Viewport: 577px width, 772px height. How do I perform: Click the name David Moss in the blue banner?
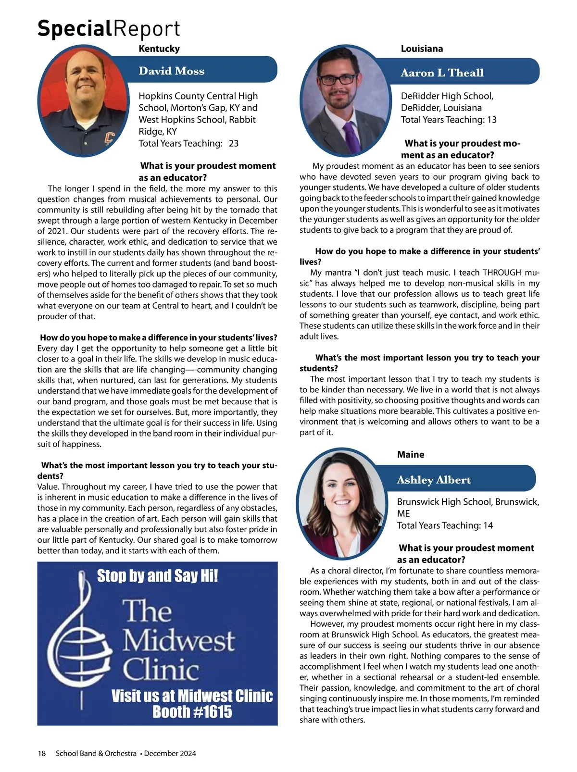[171, 71]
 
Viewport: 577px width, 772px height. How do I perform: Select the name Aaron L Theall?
[442, 73]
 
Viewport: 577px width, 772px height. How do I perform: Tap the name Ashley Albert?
[434, 480]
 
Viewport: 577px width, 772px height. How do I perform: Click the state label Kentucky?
[159, 49]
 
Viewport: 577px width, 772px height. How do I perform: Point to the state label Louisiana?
[422, 49]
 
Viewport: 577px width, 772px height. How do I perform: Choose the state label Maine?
[411, 454]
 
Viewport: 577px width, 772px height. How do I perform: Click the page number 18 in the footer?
[42, 753]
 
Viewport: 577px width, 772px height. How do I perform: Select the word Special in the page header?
[75, 29]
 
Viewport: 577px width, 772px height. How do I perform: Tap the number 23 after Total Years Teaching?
[234, 143]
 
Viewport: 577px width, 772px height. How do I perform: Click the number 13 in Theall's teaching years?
[491, 120]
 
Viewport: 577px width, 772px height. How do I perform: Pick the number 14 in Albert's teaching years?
[488, 525]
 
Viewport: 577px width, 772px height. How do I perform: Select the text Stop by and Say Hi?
[157, 575]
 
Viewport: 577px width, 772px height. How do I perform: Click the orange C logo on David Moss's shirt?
[109, 138]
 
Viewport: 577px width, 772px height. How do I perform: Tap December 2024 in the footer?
[170, 753]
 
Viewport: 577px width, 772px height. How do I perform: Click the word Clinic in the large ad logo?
[161, 670]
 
